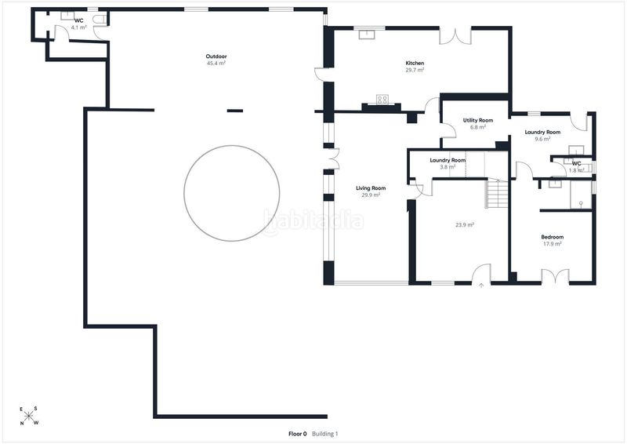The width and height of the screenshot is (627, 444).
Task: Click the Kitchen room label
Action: coord(415,64)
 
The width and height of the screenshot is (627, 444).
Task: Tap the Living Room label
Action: coord(371,188)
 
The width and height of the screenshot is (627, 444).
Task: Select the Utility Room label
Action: coord(478,120)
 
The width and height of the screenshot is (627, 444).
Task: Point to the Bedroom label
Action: coord(553,237)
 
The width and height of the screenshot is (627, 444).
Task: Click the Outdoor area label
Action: coord(216,56)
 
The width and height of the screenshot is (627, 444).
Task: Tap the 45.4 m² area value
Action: coord(216,64)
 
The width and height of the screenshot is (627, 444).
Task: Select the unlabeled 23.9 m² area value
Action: coord(465,225)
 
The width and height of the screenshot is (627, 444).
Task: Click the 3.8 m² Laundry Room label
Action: coord(448,160)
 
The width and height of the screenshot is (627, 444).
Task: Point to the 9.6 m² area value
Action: coord(542,139)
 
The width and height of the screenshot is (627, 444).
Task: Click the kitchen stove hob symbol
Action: coord(382,99)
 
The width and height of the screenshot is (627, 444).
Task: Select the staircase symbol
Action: coord(497,195)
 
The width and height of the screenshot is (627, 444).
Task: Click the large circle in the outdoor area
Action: coord(232,146)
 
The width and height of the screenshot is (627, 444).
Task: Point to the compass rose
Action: coord(29,416)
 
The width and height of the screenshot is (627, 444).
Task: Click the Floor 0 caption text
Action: coord(298,434)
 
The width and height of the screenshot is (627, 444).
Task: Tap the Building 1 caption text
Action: coord(325,434)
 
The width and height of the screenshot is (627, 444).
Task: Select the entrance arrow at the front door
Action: coord(481,286)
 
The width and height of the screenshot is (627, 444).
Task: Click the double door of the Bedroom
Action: coord(555,276)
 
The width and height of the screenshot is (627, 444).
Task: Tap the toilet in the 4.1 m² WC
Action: coord(100,19)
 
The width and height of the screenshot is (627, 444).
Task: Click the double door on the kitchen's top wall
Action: coord(455,36)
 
